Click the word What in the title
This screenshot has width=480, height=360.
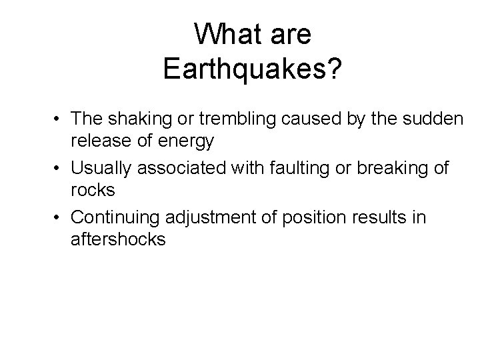(225, 35)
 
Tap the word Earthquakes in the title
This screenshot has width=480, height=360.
(244, 69)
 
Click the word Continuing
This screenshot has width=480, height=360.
(110, 218)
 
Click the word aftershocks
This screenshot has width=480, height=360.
(118, 239)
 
